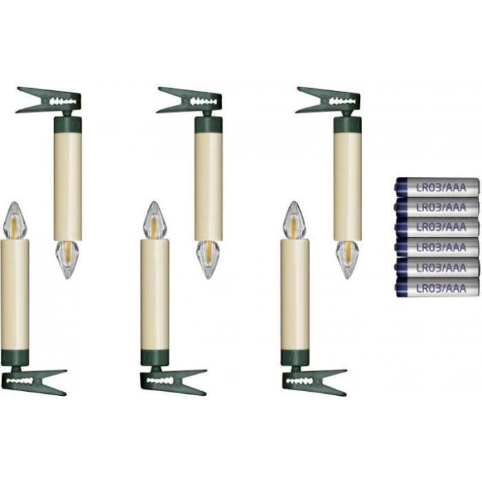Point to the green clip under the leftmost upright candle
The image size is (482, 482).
click(x=34, y=381)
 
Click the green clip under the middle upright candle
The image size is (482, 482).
click(x=174, y=381)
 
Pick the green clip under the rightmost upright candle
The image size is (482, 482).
click(x=314, y=381)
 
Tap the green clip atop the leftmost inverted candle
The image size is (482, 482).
click(x=49, y=101)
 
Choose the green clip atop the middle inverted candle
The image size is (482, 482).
click(x=189, y=101)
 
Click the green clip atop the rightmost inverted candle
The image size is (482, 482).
click(x=328, y=101)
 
